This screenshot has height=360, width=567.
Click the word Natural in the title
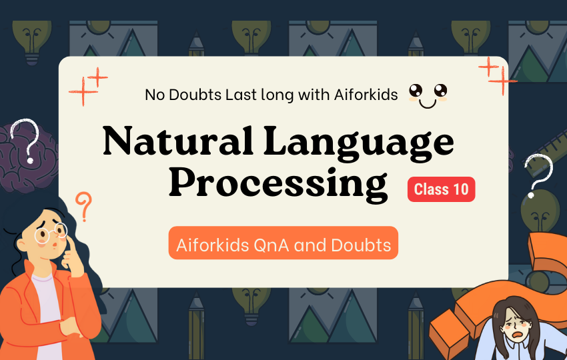(177, 140)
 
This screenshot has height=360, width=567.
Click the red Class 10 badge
(441, 189)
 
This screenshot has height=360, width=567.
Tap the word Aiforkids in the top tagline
(366, 95)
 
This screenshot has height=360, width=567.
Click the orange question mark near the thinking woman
(84, 206)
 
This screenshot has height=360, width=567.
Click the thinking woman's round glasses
(51, 233)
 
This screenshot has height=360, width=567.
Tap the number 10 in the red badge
(460, 189)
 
